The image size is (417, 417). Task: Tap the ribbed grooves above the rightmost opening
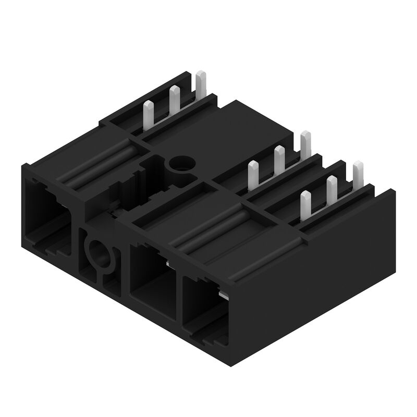pos(219,229)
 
